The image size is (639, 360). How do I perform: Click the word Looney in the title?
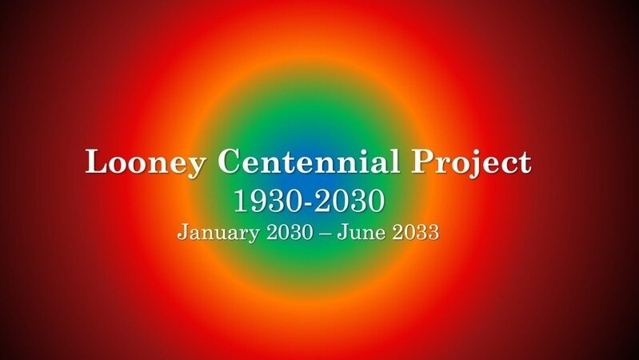tap(147, 162)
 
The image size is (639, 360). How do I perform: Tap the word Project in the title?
tap(471, 163)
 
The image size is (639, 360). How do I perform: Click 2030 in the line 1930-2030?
tap(351, 201)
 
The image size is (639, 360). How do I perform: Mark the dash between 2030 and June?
tap(329, 234)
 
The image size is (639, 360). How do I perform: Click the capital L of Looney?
tap(97, 162)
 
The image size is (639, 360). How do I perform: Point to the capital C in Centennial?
tap(230, 162)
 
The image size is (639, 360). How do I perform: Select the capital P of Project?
tap(423, 162)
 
